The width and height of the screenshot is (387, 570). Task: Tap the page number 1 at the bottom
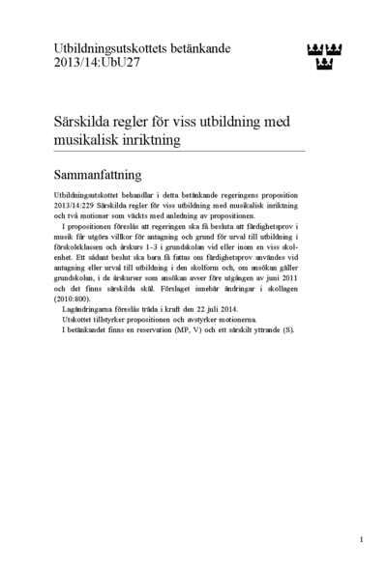pos(360,539)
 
